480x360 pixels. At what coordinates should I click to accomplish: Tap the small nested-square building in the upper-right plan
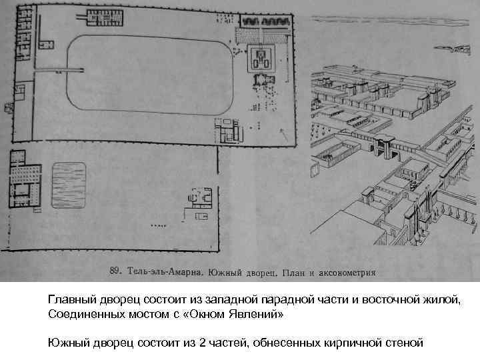pos(261,61)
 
